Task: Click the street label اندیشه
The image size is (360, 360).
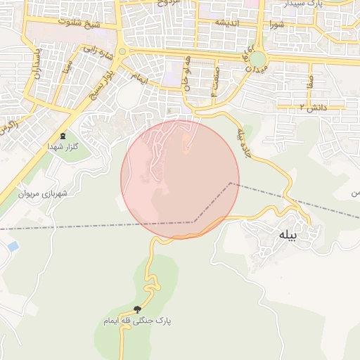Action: [x=229, y=24]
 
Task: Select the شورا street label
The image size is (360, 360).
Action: [x=276, y=23]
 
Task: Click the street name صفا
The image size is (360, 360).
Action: [x=309, y=82]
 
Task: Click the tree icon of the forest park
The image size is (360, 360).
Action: [x=137, y=309]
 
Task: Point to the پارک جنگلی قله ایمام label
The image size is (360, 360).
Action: [x=137, y=321]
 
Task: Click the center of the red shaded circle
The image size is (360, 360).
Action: [x=180, y=179]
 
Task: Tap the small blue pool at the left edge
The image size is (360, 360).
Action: [x=12, y=247]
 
